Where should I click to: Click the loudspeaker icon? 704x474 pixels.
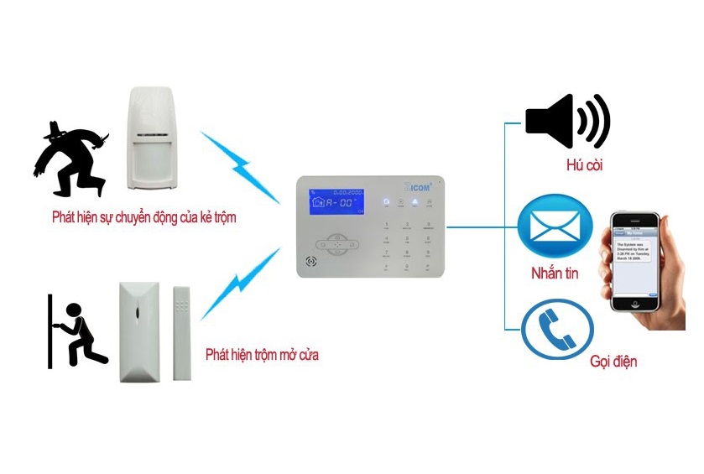(x=567, y=122)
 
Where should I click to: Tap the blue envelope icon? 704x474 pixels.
(x=555, y=227)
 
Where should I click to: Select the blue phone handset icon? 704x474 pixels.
(x=557, y=329)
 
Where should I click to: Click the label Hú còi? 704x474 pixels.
(x=584, y=165)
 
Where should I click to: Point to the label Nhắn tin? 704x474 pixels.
(x=554, y=273)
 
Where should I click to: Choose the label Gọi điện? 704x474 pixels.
(x=613, y=362)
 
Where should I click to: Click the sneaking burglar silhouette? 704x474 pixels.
(x=71, y=159)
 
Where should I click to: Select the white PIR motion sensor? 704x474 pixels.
(x=152, y=138)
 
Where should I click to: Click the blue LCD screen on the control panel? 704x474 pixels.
(x=336, y=202)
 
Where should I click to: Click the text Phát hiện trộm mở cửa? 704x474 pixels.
(x=262, y=355)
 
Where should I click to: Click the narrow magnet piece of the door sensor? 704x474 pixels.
(x=181, y=333)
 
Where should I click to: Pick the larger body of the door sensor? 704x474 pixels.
(x=138, y=332)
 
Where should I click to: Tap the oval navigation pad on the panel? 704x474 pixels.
(x=337, y=244)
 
